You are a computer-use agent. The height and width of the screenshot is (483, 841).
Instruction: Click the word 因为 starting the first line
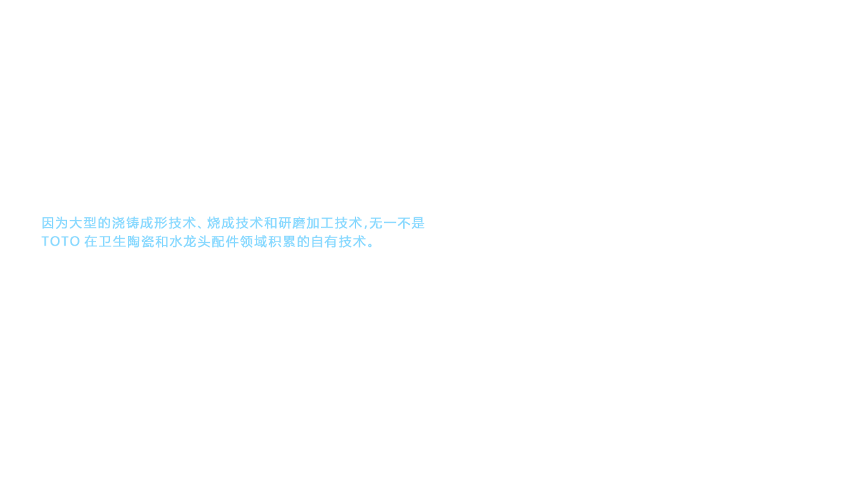click(55, 223)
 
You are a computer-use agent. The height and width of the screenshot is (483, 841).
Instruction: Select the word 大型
click(83, 223)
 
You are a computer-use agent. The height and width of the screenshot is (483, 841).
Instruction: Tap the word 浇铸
click(126, 223)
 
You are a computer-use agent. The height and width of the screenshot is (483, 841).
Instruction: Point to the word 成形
click(154, 223)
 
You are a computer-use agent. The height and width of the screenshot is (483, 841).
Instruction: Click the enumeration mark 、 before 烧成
click(200, 227)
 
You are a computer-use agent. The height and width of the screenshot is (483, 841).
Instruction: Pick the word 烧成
click(221, 223)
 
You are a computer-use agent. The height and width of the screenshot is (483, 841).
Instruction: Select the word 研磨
click(292, 223)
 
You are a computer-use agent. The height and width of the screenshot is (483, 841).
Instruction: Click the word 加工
click(320, 223)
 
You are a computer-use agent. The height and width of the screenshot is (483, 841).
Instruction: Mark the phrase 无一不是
click(397, 223)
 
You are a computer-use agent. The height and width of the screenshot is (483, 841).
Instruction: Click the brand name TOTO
click(60, 241)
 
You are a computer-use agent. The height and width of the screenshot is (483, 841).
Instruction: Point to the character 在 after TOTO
click(91, 241)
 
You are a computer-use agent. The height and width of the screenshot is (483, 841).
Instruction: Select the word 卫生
click(112, 241)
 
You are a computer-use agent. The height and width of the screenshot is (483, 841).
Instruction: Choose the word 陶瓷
click(140, 241)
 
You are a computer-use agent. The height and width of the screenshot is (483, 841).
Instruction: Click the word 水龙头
click(190, 241)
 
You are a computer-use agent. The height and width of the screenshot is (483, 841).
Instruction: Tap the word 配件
click(225, 241)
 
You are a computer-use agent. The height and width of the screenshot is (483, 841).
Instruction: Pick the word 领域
click(254, 241)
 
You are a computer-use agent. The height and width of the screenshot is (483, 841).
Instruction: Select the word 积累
click(282, 241)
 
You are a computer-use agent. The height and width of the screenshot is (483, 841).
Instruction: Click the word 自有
click(324, 241)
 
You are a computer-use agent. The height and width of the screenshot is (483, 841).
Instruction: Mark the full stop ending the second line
click(371, 245)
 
